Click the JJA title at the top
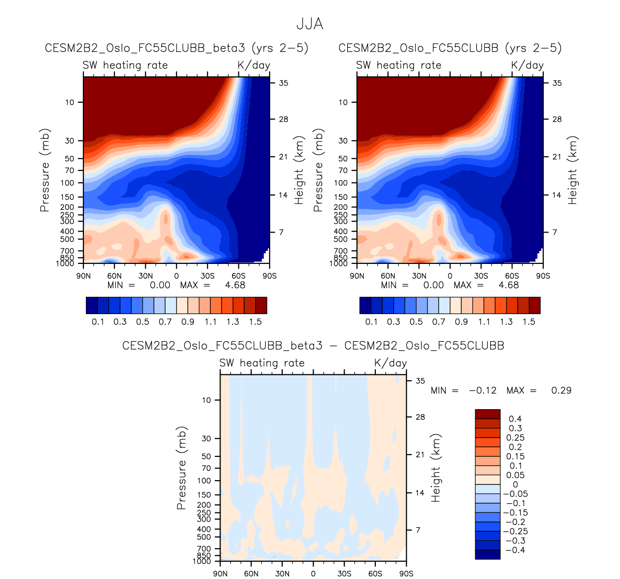coord(309,24)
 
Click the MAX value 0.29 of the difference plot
coord(561,390)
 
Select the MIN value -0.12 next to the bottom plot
coord(482,390)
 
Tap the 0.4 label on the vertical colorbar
coord(515,419)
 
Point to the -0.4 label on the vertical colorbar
coord(513,550)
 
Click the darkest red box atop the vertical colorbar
coord(487,414)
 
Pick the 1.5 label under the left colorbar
coord(255,322)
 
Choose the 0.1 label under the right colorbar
coord(371,322)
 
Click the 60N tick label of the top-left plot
coord(114,276)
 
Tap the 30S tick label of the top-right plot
coord(481,276)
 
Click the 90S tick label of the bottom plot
coord(406,574)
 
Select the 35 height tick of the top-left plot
coord(283,83)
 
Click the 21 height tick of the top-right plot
coord(557,157)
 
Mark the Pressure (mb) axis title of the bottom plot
coord(181,468)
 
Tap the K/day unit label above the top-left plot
coord(254,65)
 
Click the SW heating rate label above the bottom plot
coord(262,363)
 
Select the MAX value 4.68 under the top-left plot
coord(235,285)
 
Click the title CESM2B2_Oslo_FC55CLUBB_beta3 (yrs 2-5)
coord(177,48)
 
